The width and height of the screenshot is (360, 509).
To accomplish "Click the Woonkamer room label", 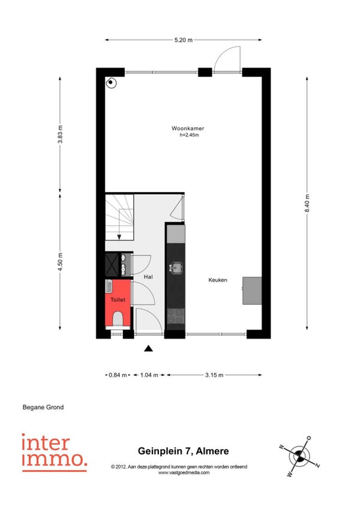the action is click(188, 128).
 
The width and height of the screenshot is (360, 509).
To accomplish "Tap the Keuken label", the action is click(217, 280).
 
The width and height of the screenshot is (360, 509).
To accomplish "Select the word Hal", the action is click(148, 277).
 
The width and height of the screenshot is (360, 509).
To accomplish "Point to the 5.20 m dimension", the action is click(184, 40).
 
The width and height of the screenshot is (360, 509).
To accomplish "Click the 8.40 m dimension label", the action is click(307, 203).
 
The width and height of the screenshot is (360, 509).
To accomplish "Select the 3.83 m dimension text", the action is click(60, 134).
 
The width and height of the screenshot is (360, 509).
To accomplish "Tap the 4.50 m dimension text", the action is click(60, 262).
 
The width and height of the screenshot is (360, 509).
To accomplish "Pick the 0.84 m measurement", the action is click(118, 375).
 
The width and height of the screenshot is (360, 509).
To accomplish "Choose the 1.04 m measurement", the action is click(149, 375).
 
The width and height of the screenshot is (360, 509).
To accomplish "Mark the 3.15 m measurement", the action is click(214, 375).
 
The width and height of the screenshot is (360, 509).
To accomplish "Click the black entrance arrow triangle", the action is click(148, 349).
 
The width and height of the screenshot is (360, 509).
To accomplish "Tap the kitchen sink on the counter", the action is click(176, 268).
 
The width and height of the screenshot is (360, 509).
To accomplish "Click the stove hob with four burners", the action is click(176, 316).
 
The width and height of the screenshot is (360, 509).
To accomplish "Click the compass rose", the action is click(299, 456).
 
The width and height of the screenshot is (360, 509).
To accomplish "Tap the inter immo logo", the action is click(54, 453).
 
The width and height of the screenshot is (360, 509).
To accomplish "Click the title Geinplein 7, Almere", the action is click(184, 451).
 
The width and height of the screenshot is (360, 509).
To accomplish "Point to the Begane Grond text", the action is click(43, 407).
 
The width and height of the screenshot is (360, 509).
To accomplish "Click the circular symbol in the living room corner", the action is click(110, 82).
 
